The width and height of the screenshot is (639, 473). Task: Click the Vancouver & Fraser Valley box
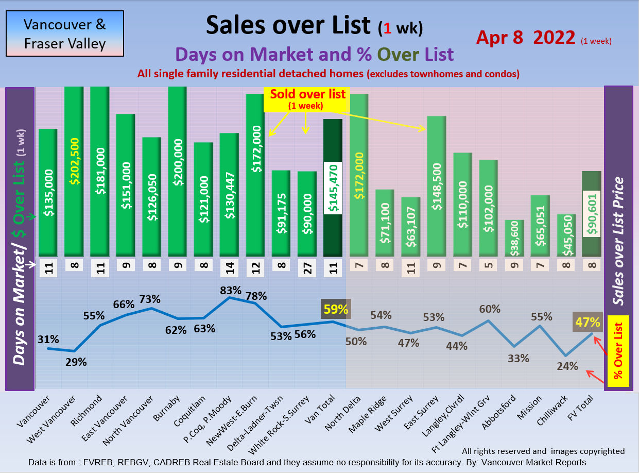[x=65, y=33]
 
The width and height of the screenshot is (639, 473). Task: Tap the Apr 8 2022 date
[x=525, y=37]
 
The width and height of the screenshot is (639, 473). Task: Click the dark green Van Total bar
[x=333, y=188]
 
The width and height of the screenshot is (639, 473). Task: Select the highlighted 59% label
[x=335, y=310]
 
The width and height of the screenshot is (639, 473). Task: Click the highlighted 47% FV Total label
[x=588, y=323]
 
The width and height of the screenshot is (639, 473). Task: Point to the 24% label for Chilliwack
[x=567, y=366]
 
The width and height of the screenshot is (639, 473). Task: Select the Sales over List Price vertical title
[x=618, y=241]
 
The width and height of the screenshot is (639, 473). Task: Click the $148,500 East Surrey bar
[x=437, y=185]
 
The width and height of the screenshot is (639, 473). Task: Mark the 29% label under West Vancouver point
[x=76, y=361]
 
